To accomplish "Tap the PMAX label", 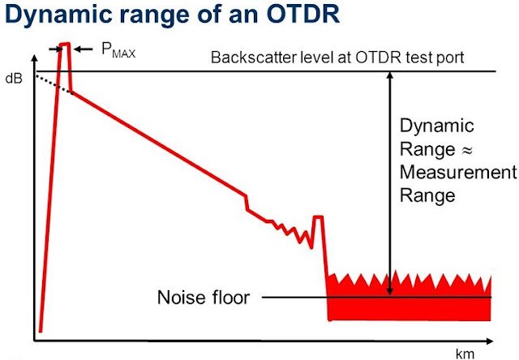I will coord(117,52).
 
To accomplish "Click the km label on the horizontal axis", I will coord(465,354).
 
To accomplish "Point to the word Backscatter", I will coord(248,58).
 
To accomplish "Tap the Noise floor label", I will coord(204,297).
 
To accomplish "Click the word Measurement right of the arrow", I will coord(457,172).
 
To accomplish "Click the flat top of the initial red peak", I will coord(65,44).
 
